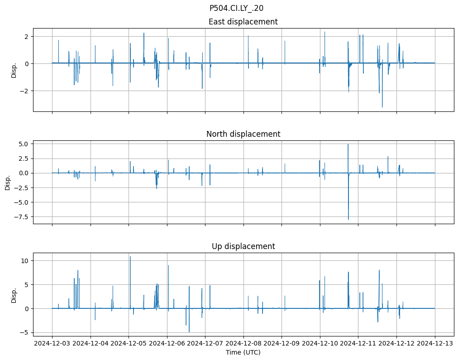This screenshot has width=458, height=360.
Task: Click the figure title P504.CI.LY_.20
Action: (236, 8)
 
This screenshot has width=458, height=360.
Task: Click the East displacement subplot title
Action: (243, 22)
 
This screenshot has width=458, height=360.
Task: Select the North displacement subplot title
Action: (243, 134)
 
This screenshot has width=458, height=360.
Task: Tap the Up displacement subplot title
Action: (243, 246)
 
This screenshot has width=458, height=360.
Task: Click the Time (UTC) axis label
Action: (243, 352)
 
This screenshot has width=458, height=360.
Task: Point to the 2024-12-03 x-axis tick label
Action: (52, 343)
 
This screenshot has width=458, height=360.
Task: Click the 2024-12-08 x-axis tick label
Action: (243, 343)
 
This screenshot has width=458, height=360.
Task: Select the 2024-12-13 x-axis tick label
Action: (435, 343)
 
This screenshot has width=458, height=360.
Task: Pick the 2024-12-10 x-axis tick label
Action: (320, 343)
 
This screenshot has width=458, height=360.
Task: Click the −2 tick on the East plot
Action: (24, 91)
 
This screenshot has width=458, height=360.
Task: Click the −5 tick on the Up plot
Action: (25, 332)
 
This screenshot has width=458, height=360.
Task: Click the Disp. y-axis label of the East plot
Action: (14, 70)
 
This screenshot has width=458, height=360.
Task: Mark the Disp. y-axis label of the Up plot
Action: (14, 295)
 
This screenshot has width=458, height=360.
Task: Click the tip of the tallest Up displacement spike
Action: (130, 257)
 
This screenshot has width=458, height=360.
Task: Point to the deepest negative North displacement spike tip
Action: (348, 220)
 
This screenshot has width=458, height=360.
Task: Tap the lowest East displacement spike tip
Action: (382, 107)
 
